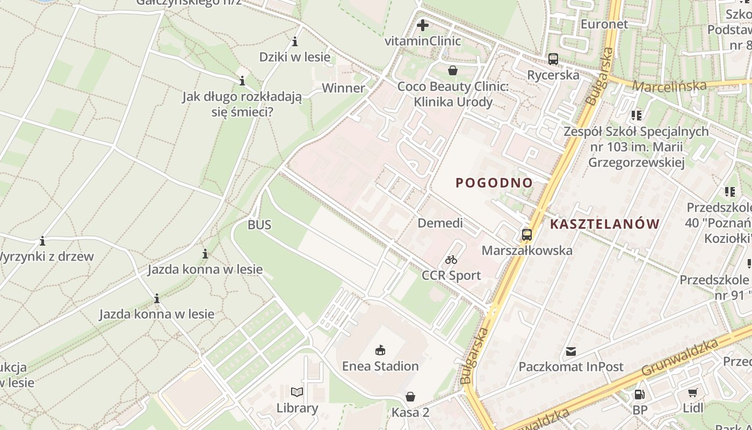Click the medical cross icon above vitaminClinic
pyautogui.click(x=423, y=25)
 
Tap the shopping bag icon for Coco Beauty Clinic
pyautogui.click(x=453, y=70)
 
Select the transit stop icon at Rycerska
pyautogui.click(x=553, y=59)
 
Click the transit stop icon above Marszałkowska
pyautogui.click(x=526, y=234)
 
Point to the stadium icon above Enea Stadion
pyautogui.click(x=380, y=350)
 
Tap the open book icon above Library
pyautogui.click(x=297, y=392)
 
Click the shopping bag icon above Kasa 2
pyautogui.click(x=410, y=397)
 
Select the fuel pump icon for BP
pyautogui.click(x=639, y=394)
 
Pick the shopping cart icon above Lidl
pyautogui.click(x=693, y=393)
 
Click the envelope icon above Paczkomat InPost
pyautogui.click(x=570, y=352)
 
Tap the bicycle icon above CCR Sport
pyautogui.click(x=451, y=260)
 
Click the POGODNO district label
pyautogui.click(x=494, y=183)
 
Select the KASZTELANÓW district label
pyautogui.click(x=605, y=224)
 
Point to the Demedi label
pyautogui.click(x=440, y=223)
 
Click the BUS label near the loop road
pyautogui.click(x=259, y=225)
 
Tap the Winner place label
pyautogui.click(x=343, y=88)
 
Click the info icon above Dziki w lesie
pyautogui.click(x=295, y=41)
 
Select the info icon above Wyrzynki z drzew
pyautogui.click(x=42, y=241)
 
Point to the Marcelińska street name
pyautogui.click(x=669, y=86)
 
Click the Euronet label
pyautogui.click(x=604, y=24)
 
